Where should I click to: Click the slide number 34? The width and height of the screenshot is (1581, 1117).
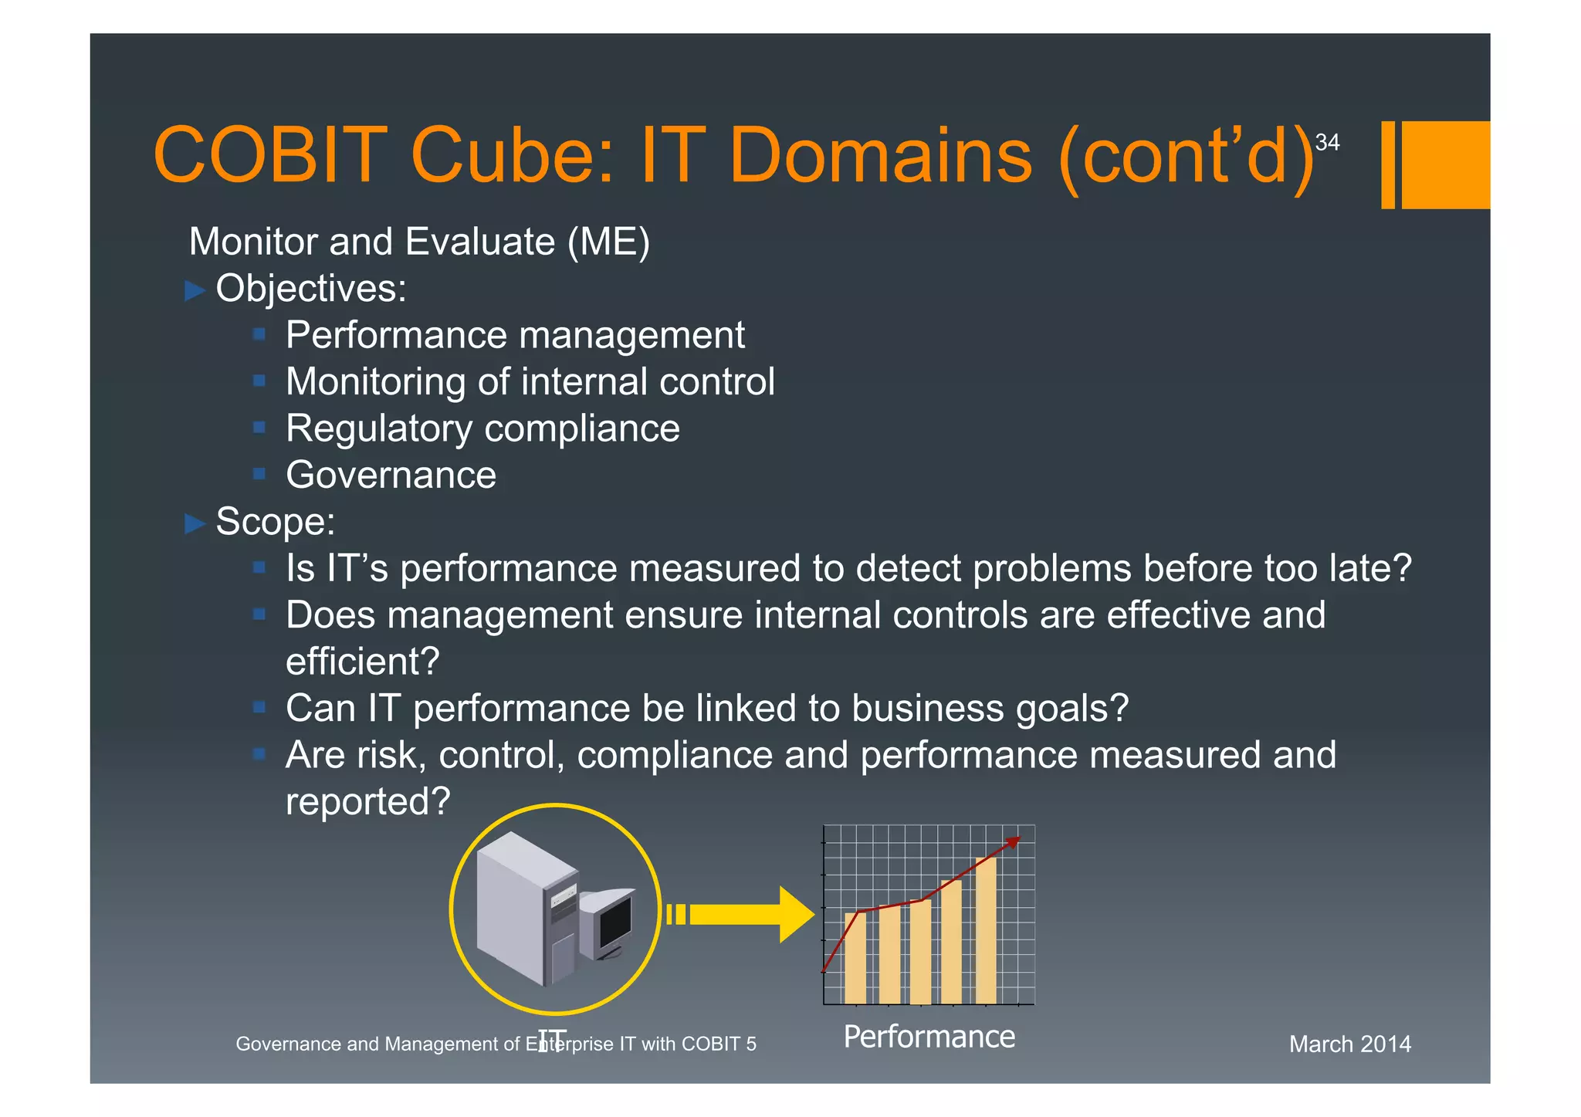(x=1327, y=143)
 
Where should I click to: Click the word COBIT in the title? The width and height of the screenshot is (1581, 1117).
(x=269, y=156)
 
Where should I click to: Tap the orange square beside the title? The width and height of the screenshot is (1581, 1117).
(x=1444, y=164)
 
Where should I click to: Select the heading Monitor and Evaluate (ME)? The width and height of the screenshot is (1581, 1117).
(x=419, y=242)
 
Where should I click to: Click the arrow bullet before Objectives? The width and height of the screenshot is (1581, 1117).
(x=195, y=291)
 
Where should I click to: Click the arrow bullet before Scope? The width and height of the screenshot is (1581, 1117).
(x=195, y=524)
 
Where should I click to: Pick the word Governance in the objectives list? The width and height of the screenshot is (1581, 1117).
(x=391, y=475)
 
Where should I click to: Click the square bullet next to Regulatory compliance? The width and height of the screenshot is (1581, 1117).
(x=259, y=428)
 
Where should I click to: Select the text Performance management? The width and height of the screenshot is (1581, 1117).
(x=515, y=335)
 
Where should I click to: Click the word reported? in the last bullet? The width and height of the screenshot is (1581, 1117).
(x=367, y=801)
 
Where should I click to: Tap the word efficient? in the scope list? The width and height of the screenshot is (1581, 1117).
(x=362, y=662)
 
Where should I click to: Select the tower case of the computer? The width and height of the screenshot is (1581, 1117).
(x=525, y=911)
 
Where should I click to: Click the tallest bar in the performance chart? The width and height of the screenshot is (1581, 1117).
(x=986, y=930)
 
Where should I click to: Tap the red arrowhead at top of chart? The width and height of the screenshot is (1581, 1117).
(x=1014, y=841)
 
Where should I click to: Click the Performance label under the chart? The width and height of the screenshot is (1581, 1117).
(x=929, y=1037)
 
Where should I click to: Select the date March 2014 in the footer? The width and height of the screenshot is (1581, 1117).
(x=1349, y=1044)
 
